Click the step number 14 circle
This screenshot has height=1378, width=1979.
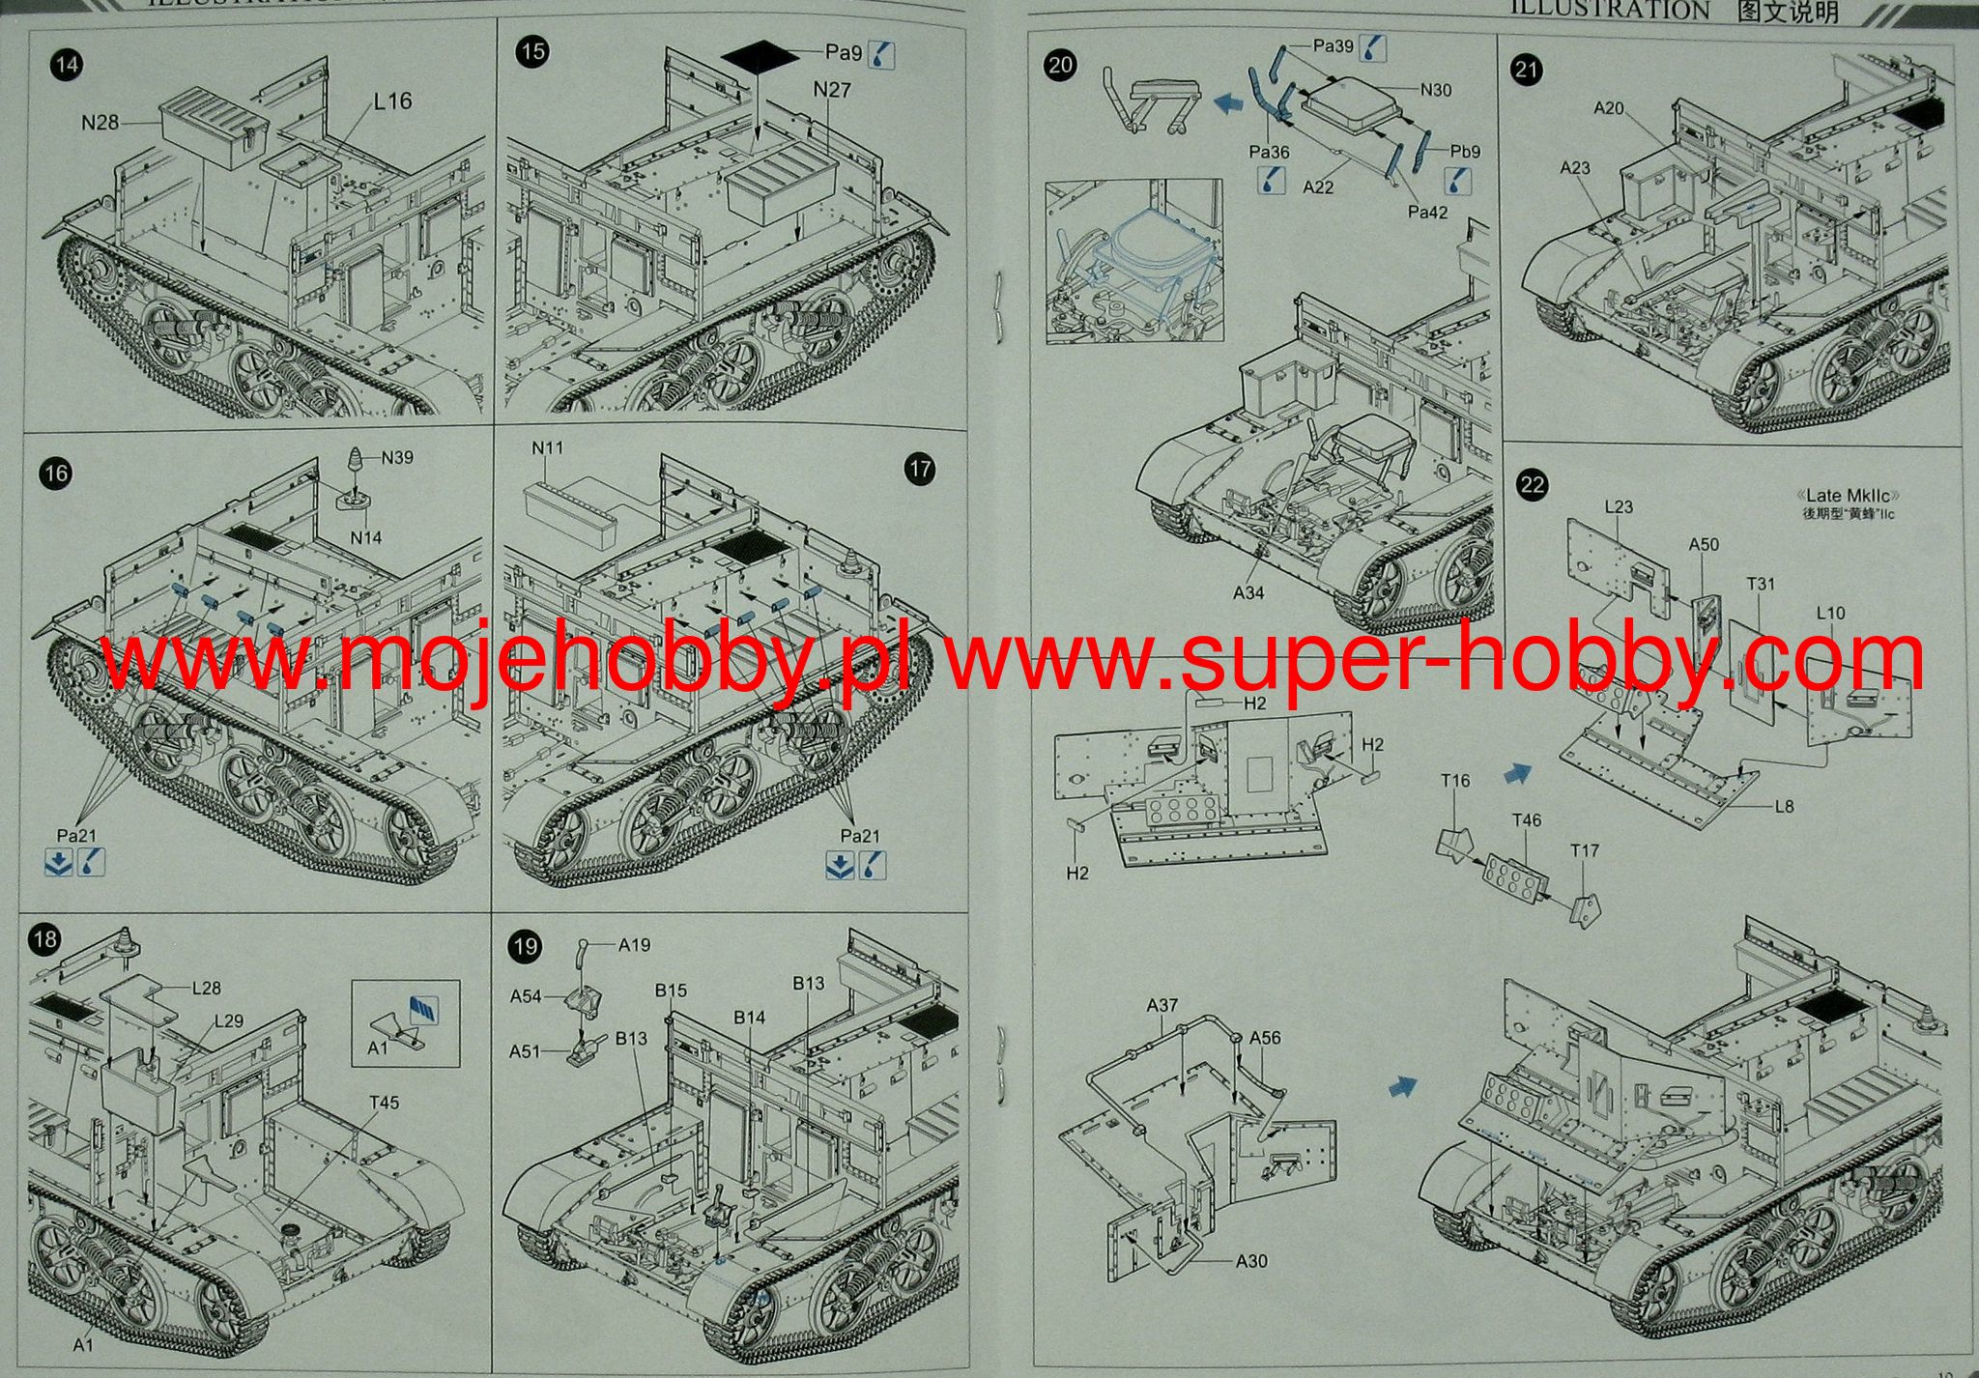[67, 66]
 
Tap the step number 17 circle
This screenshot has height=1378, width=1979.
[920, 470]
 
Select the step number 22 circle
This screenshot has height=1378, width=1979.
[1533, 484]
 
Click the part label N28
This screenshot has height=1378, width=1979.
[100, 123]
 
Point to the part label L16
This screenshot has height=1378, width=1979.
[392, 101]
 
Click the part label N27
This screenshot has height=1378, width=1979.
[831, 90]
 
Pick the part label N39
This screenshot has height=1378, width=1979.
[396, 457]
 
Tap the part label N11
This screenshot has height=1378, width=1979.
[547, 448]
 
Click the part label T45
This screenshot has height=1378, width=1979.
[384, 1103]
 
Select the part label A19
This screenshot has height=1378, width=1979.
[634, 945]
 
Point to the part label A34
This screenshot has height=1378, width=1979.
[1248, 592]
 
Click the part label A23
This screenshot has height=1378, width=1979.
[1575, 168]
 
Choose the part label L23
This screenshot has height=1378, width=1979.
[1618, 506]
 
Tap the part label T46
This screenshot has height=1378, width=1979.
[1527, 820]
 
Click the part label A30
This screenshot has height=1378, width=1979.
[1251, 1261]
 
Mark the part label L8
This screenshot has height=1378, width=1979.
[1784, 806]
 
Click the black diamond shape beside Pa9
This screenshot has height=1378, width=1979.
[759, 56]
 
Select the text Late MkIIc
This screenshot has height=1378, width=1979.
[1848, 496]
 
